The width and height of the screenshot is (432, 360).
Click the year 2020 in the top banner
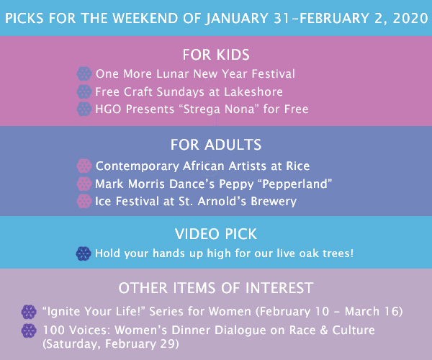coord(410,18)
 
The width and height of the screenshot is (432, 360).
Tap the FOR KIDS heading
coord(216,55)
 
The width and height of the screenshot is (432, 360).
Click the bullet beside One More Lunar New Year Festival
coord(84,73)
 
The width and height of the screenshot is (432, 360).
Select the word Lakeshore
coord(253,91)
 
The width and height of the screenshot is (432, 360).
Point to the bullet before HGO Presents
coord(84,109)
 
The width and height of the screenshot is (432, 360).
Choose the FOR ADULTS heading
coord(216,145)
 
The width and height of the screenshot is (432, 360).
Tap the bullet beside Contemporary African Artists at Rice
coord(84,166)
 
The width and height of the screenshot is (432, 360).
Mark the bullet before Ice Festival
coord(84,201)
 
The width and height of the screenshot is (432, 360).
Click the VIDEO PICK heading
coord(216,234)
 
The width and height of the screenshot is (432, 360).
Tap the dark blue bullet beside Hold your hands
coord(84,253)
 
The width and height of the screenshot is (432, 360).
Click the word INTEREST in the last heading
coord(279,288)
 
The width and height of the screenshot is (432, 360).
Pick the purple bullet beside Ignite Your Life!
coord(29,312)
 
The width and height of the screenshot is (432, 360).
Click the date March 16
coord(371,312)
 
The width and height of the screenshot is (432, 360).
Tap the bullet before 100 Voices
coord(29,330)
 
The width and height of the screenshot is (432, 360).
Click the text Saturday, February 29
coord(111,344)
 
